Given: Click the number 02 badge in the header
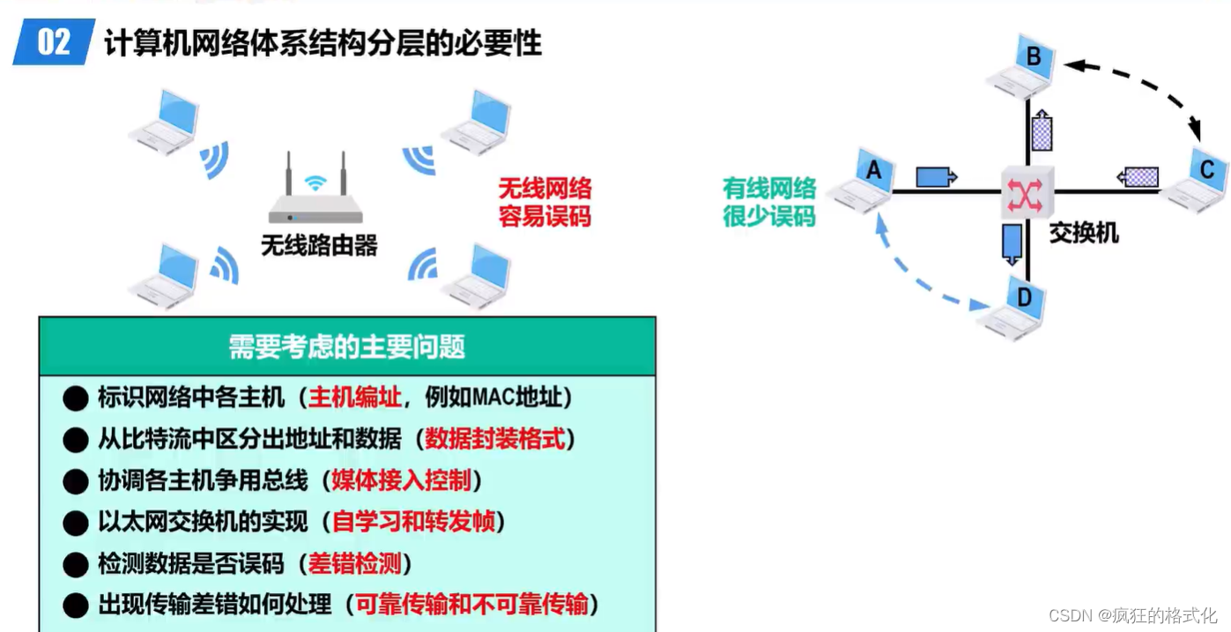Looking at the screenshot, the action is pos(54,41).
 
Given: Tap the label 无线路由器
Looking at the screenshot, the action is pos(319,245).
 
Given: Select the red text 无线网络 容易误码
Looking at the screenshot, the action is pos(545,202).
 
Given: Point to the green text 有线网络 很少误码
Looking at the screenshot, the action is pos(769,202).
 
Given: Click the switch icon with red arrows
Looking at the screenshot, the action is pos(1027,191).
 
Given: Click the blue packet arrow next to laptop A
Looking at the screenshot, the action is pos(936,177).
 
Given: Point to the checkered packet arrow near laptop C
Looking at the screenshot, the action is pos(1137,177).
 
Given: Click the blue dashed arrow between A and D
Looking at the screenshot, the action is pos(916,273).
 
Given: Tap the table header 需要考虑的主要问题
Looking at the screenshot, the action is pos(346,346).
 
